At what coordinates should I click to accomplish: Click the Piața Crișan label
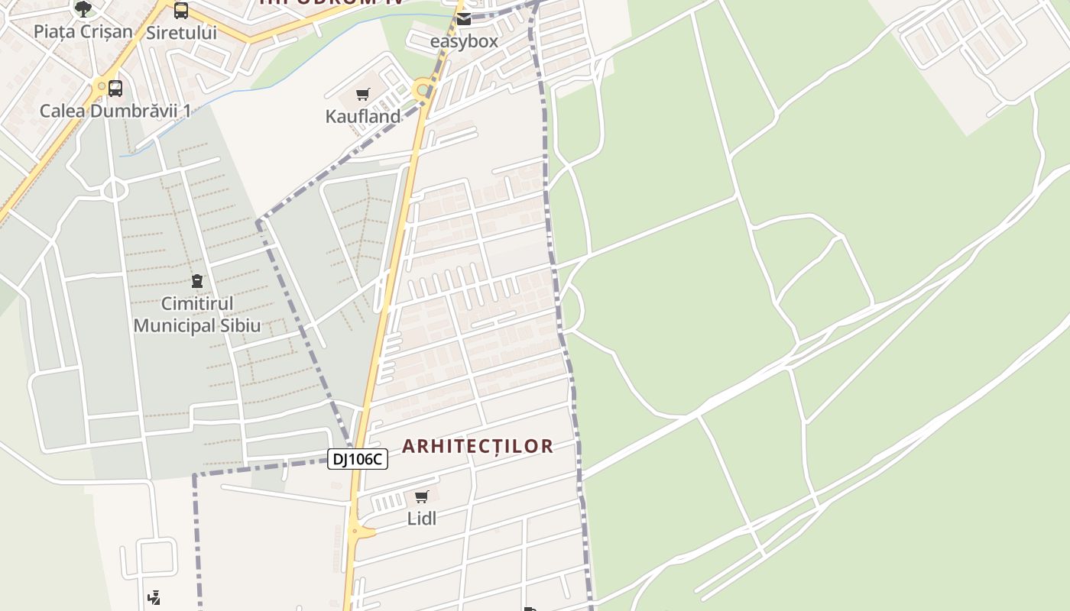point(83,32)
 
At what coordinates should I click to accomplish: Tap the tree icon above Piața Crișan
point(83,9)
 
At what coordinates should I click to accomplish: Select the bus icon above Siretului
point(181,11)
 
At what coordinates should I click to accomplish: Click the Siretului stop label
point(181,33)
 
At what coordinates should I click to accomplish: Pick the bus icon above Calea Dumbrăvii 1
point(115,89)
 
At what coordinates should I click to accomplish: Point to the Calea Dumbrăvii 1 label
point(115,111)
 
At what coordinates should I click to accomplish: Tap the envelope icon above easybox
point(464,19)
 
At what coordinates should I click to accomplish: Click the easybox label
point(464,41)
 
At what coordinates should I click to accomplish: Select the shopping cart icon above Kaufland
point(363,95)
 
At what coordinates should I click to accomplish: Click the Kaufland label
point(363,117)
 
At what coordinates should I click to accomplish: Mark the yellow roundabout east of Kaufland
point(421,90)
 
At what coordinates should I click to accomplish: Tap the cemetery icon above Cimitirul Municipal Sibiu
point(197,282)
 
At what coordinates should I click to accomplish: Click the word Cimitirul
point(197,304)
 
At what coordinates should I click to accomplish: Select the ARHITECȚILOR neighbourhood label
point(478,446)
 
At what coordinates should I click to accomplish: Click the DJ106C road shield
point(358,459)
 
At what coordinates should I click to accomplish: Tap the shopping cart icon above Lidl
point(421,497)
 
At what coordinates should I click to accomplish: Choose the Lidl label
point(421,519)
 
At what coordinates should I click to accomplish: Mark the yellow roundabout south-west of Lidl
point(355,531)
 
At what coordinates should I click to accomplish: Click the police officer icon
point(154,597)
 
